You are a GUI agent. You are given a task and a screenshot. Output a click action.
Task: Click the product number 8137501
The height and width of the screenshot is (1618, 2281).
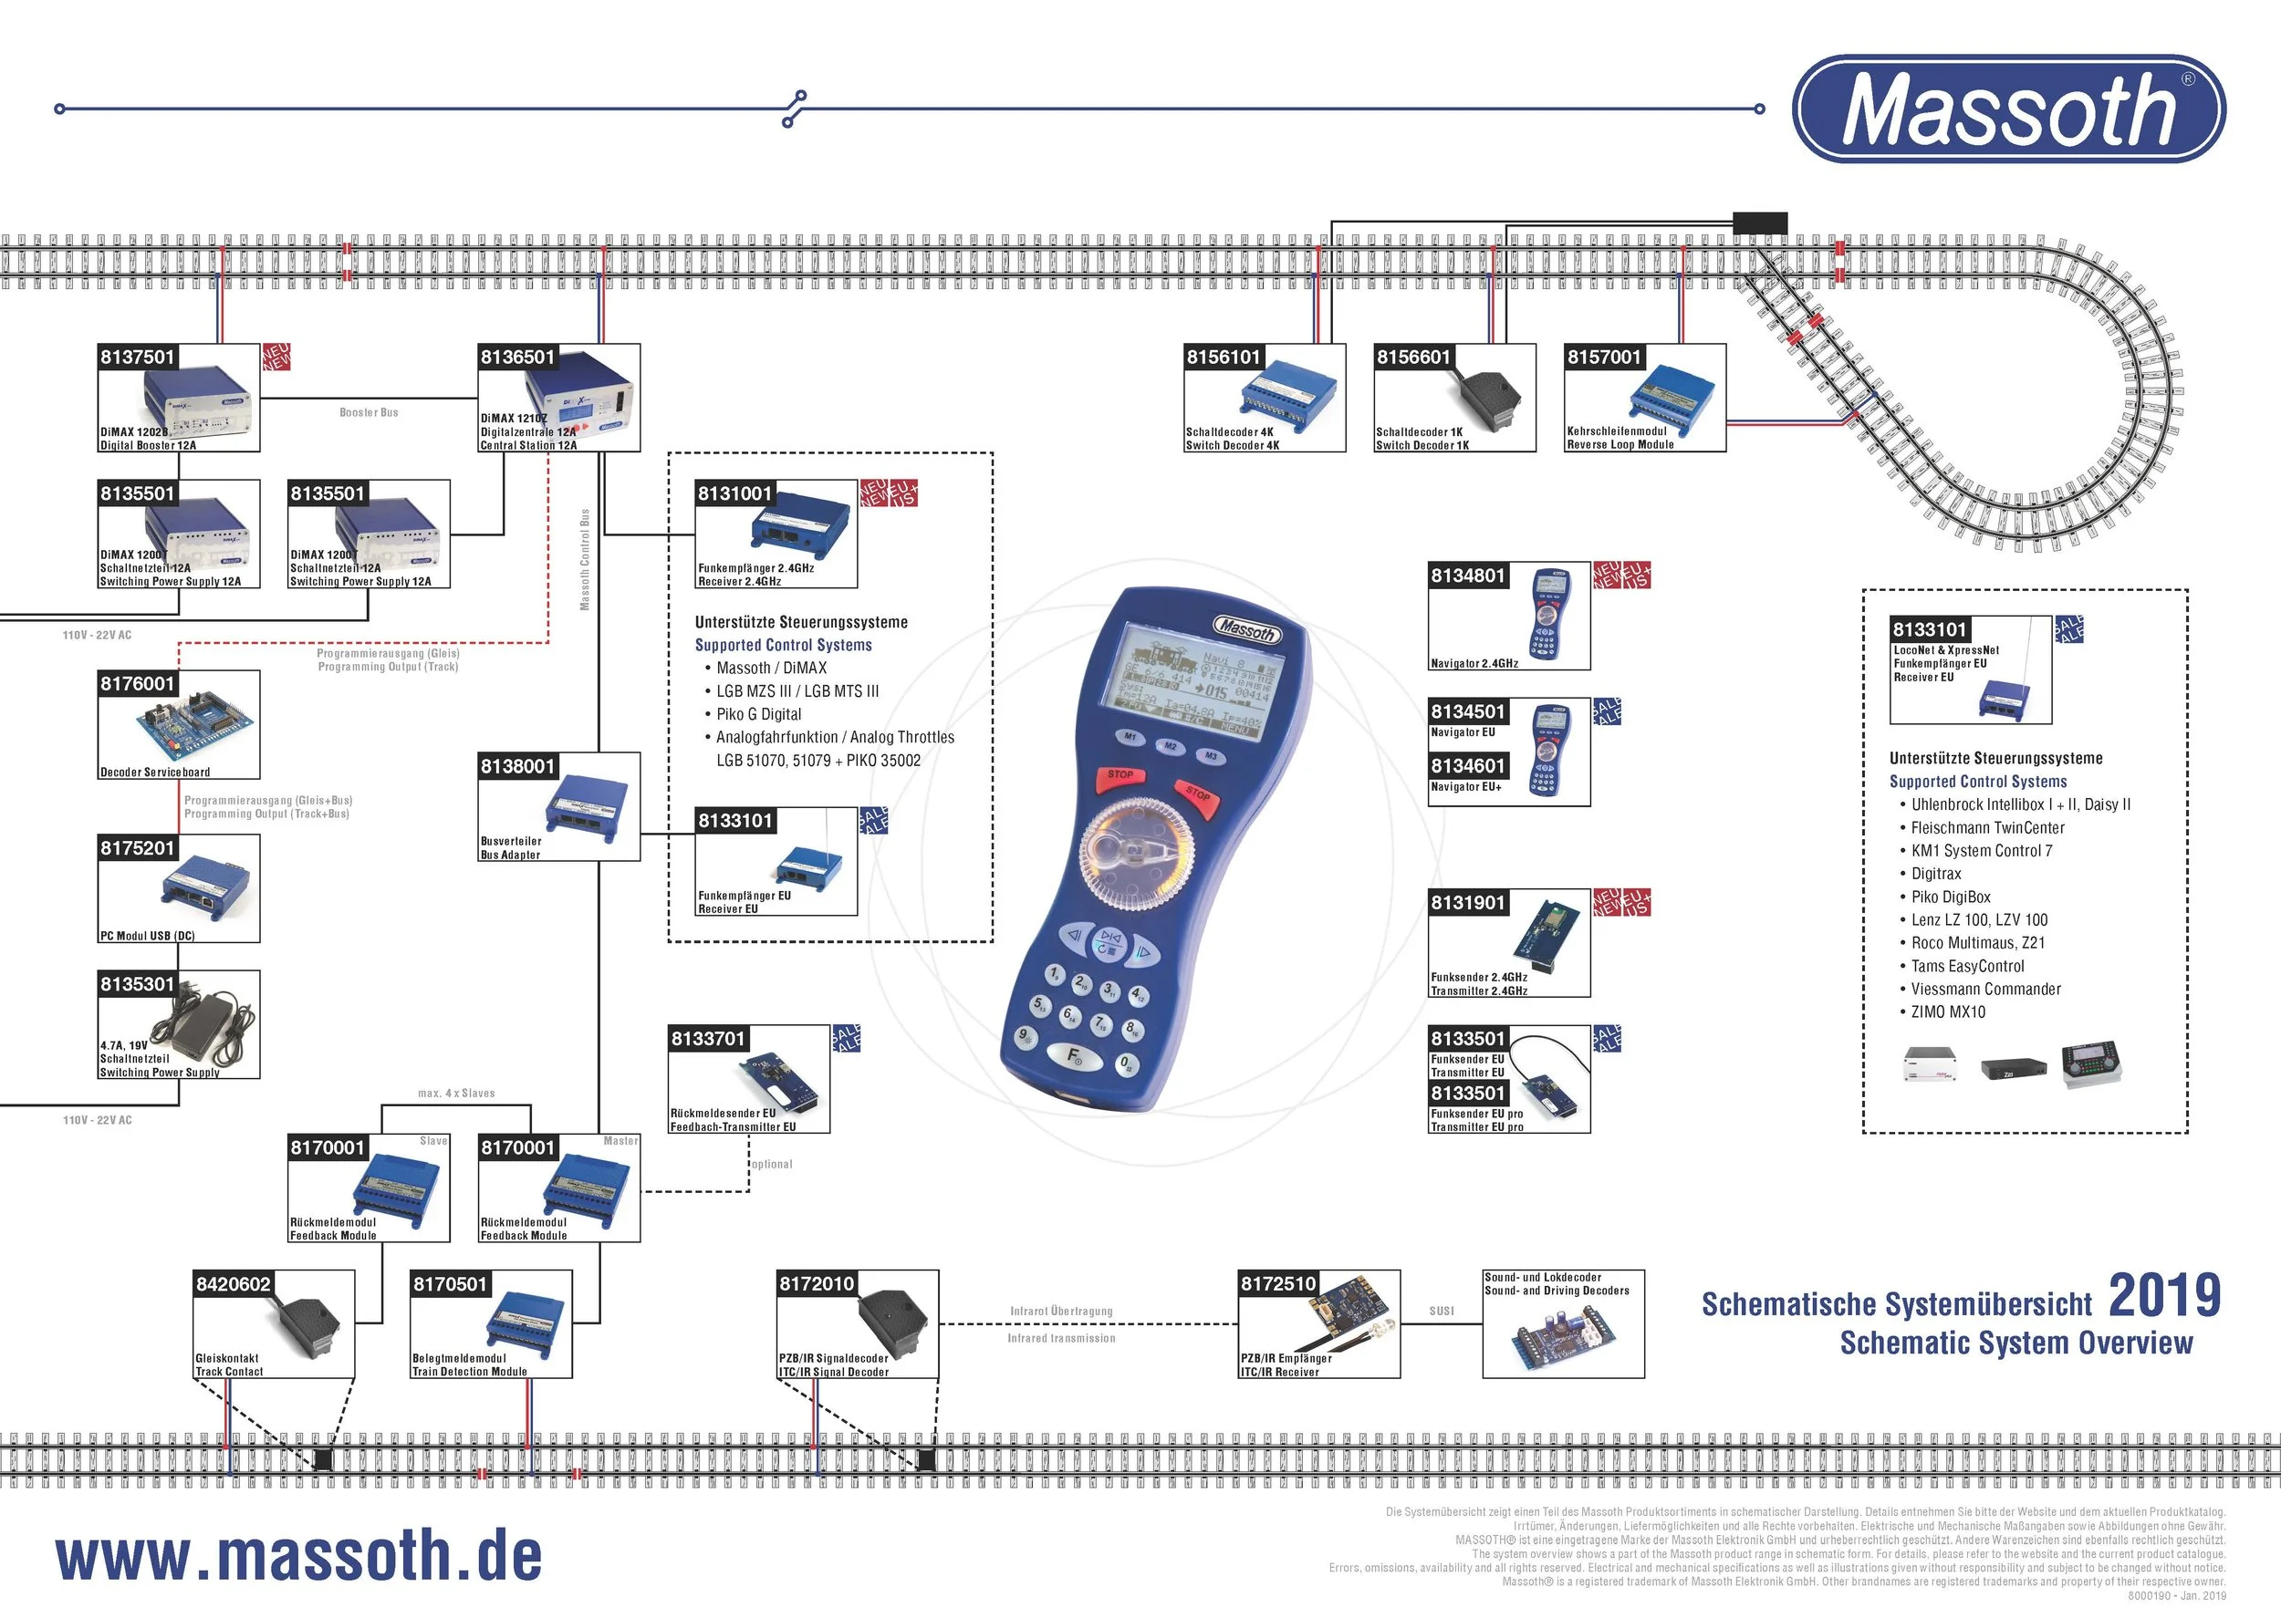click(x=138, y=358)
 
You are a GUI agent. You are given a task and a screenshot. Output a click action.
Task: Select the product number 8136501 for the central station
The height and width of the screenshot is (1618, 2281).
click(x=517, y=358)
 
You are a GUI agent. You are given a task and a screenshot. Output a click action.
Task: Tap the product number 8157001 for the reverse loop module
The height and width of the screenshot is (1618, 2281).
click(x=1603, y=358)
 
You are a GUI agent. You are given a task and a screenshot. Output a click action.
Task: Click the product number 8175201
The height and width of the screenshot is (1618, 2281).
click(x=138, y=849)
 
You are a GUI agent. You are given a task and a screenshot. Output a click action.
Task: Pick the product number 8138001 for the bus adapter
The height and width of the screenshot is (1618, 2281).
click(x=517, y=767)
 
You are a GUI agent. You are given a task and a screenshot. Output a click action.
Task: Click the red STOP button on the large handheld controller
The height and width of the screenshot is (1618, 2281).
click(x=1120, y=776)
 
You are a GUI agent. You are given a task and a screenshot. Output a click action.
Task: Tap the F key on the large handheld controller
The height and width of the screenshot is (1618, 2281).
click(x=1073, y=1055)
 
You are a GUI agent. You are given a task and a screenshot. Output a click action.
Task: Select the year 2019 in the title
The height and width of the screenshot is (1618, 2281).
click(x=2164, y=1296)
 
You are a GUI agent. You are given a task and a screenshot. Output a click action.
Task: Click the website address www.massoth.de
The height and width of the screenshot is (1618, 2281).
click(x=299, y=1555)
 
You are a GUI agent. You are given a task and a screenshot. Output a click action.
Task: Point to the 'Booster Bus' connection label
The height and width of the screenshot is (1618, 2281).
click(x=369, y=412)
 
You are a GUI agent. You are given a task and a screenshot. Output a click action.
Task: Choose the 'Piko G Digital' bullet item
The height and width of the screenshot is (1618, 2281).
click(x=758, y=714)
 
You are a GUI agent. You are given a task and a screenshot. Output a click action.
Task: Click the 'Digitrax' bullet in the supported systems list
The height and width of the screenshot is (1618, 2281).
click(x=1935, y=874)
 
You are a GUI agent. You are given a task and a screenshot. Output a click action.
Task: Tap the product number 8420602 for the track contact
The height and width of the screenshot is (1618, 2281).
click(x=234, y=1284)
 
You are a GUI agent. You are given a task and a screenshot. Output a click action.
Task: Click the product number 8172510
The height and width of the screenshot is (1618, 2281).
click(x=1277, y=1284)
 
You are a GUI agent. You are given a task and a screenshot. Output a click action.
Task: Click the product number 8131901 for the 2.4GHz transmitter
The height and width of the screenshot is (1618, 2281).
click(x=1468, y=904)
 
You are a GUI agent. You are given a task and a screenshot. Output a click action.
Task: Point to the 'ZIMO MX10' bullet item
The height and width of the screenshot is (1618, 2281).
click(x=1947, y=1012)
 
